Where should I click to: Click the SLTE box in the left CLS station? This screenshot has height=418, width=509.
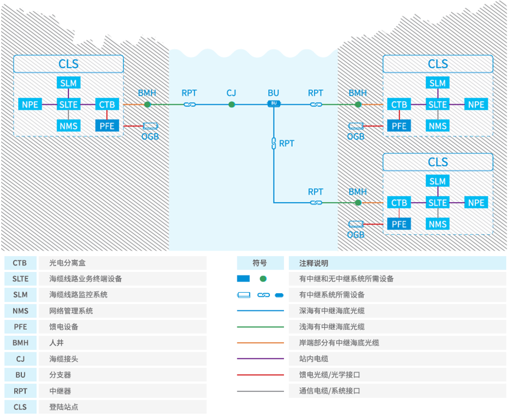[x=68, y=105]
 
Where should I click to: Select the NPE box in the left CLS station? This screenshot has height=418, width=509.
[x=30, y=105]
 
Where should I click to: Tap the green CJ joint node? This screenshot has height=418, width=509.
[x=231, y=105]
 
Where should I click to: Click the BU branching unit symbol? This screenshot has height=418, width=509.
[x=273, y=103]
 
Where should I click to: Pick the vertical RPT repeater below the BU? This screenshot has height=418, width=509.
[x=273, y=143]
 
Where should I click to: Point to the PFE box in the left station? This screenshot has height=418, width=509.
[x=107, y=125]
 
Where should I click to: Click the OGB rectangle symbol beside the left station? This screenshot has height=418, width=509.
[x=150, y=126]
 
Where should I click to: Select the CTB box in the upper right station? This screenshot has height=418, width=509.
[x=399, y=105]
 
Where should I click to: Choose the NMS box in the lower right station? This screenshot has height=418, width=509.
[x=438, y=223]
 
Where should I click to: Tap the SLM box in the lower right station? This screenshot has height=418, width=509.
[x=438, y=181]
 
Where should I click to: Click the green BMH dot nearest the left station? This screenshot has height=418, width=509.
[x=148, y=105]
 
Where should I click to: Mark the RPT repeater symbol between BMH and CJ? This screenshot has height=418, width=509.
[x=190, y=105]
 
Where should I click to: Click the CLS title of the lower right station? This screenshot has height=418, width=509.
[x=438, y=162]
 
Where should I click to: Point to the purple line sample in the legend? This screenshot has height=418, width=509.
[x=260, y=359]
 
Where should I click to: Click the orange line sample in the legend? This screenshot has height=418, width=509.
[x=260, y=343]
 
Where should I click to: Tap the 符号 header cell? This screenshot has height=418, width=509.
[x=260, y=263]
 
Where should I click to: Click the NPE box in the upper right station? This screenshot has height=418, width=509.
[x=476, y=105]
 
